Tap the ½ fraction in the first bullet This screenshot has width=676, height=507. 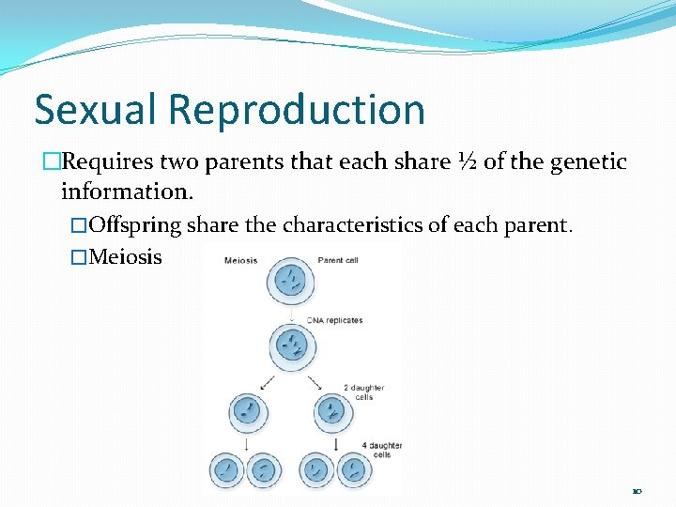click(x=466, y=162)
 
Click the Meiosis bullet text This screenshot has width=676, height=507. click(x=124, y=256)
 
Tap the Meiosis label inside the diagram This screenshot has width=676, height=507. click(x=242, y=260)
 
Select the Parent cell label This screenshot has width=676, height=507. click(x=338, y=260)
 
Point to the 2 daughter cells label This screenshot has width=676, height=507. click(x=363, y=392)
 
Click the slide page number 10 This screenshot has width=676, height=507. click(x=637, y=491)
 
